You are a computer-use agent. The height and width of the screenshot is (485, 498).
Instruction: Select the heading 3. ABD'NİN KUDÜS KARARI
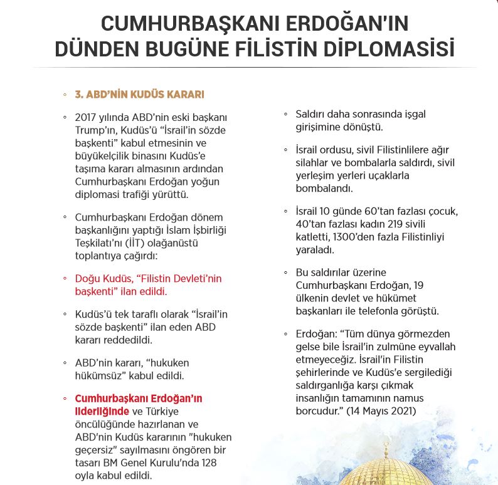pyautogui.click(x=139, y=95)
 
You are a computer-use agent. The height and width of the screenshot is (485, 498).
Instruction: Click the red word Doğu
pyautogui.click(x=87, y=278)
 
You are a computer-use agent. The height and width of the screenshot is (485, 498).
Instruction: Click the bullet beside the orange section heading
pyautogui.click(x=65, y=95)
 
